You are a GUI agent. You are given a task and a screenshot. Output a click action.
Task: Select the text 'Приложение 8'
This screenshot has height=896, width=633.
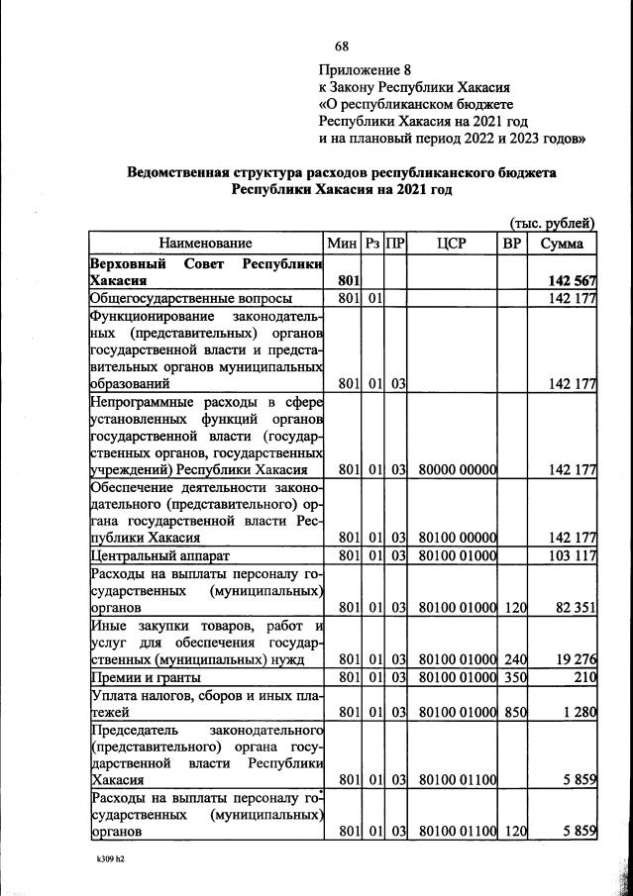tap(364, 69)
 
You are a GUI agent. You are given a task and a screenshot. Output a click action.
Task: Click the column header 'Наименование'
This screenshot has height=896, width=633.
tap(206, 243)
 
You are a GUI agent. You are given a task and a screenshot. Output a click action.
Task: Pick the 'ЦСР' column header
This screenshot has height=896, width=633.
tap(452, 243)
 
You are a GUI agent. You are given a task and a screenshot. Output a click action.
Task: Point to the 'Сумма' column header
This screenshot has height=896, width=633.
tap(562, 243)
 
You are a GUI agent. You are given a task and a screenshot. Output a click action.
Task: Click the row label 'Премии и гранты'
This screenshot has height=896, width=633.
tap(146, 677)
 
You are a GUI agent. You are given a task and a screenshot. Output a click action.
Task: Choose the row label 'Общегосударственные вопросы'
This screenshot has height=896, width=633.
tap(190, 298)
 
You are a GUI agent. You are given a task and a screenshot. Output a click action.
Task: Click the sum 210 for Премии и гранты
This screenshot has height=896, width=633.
tap(582, 677)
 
